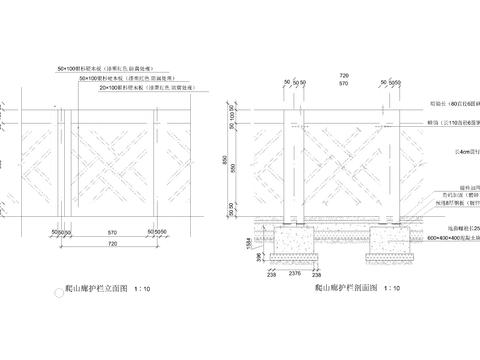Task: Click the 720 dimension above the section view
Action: (x=344, y=75)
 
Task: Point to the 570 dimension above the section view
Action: (x=344, y=85)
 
